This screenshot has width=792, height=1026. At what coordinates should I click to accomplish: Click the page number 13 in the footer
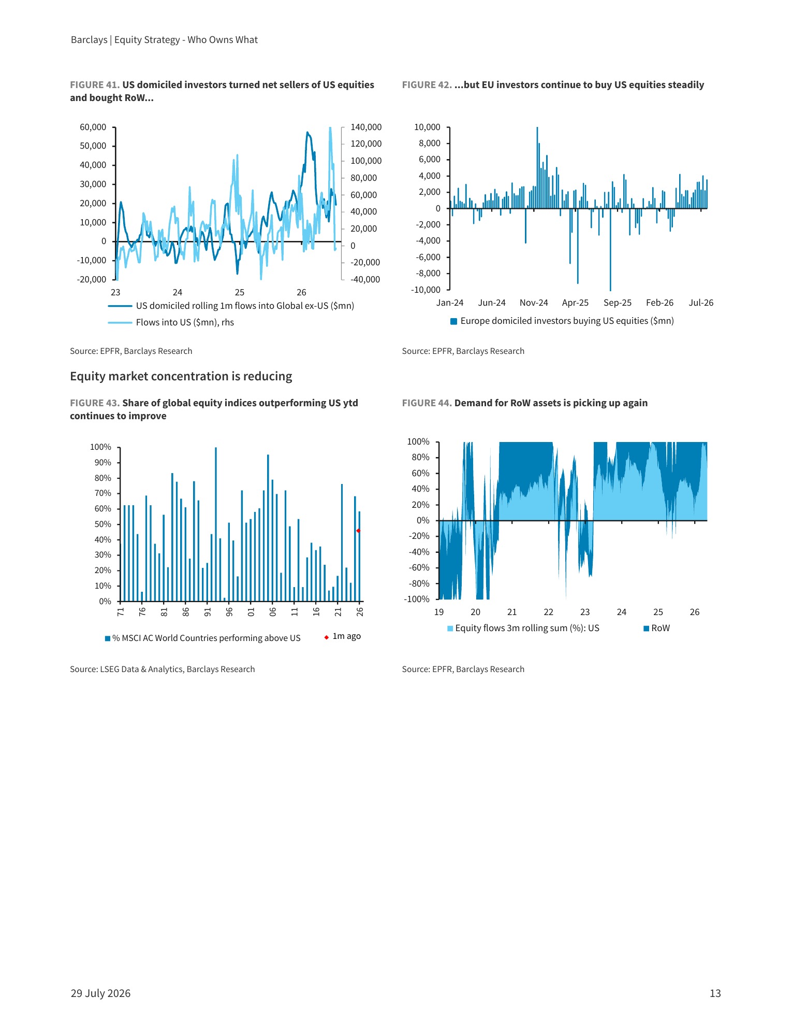(x=715, y=993)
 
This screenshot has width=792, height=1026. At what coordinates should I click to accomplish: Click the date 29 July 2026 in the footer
(x=100, y=993)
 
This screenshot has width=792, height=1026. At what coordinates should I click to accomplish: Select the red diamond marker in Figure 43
(x=358, y=531)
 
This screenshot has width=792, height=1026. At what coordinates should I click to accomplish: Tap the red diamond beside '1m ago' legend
(x=327, y=637)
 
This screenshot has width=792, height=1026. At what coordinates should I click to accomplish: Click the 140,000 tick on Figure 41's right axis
(x=366, y=127)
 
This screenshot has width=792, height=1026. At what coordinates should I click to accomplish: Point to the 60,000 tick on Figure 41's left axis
(x=93, y=127)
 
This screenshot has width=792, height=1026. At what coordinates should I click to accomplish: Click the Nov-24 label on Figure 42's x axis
(x=534, y=303)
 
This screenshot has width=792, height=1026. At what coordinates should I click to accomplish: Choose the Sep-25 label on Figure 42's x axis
(x=618, y=303)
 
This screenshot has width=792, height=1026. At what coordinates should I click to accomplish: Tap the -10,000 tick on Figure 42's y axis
(x=426, y=290)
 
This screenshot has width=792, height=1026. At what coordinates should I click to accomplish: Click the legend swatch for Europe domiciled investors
(x=454, y=321)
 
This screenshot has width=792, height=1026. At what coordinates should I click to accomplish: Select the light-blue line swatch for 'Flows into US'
(x=120, y=323)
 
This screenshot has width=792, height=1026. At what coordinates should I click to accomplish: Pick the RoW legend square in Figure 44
(x=646, y=629)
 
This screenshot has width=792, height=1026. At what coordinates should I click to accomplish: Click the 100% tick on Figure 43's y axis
(x=101, y=447)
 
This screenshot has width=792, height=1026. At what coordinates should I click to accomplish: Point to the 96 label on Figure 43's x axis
(x=229, y=612)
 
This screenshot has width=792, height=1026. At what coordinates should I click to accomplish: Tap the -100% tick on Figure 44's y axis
(x=417, y=599)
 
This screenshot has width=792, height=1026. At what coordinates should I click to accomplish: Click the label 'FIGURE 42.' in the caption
(x=427, y=85)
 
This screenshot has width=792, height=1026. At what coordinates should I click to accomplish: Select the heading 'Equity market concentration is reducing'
(x=181, y=376)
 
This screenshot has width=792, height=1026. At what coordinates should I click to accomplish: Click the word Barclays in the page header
(x=89, y=40)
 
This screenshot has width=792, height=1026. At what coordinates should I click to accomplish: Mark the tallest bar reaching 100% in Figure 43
(x=216, y=524)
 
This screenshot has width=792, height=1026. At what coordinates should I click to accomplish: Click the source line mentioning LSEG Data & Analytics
(x=163, y=669)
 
